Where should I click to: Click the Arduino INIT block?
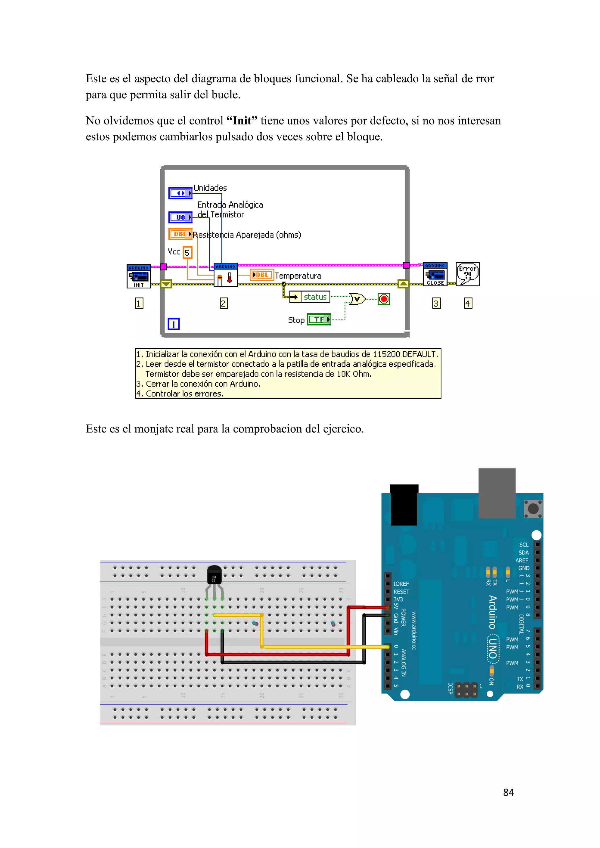pyautogui.click(x=139, y=276)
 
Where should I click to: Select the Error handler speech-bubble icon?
pyautogui.click(x=468, y=274)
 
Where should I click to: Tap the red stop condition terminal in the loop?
pyautogui.click(x=384, y=299)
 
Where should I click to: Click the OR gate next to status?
pyautogui.click(x=357, y=298)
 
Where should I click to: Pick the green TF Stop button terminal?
pyautogui.click(x=319, y=319)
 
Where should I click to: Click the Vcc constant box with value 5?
pyautogui.click(x=187, y=253)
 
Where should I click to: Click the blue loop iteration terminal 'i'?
pyautogui.click(x=173, y=324)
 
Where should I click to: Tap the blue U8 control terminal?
pyautogui.click(x=180, y=217)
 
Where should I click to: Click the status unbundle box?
pyautogui.click(x=310, y=297)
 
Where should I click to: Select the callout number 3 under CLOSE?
pyautogui.click(x=436, y=303)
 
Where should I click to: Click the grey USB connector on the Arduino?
pyautogui.click(x=497, y=493)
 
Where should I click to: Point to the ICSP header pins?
pyautogui.click(x=466, y=690)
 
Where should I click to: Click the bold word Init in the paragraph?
pyautogui.click(x=242, y=121)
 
